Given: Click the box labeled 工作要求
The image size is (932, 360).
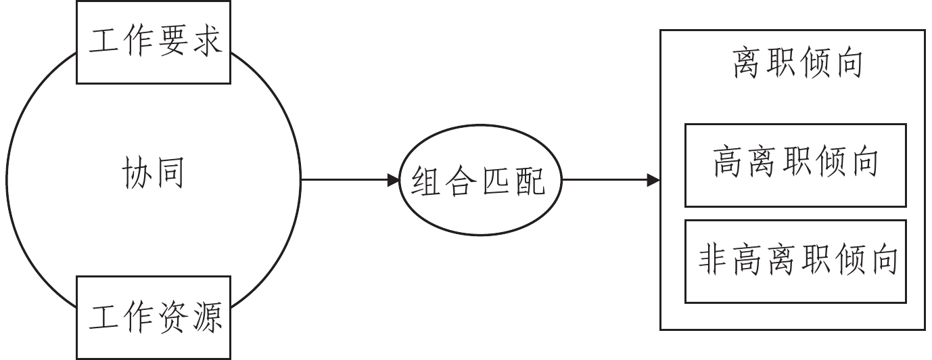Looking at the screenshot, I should pyautogui.click(x=154, y=42).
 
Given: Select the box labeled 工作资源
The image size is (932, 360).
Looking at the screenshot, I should pyautogui.click(x=154, y=318).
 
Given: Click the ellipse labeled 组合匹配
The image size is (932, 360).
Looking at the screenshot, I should pyautogui.click(x=481, y=181).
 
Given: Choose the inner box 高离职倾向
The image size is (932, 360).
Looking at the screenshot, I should pyautogui.click(x=795, y=164).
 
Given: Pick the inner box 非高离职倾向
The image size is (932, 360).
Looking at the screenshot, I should pyautogui.click(x=795, y=261).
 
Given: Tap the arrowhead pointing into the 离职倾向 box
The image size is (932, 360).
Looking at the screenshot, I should pyautogui.click(x=654, y=180).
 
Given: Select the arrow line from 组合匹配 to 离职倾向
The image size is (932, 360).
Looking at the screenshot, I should pyautogui.click(x=605, y=180).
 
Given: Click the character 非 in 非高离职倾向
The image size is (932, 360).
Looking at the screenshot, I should pyautogui.click(x=714, y=261).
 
